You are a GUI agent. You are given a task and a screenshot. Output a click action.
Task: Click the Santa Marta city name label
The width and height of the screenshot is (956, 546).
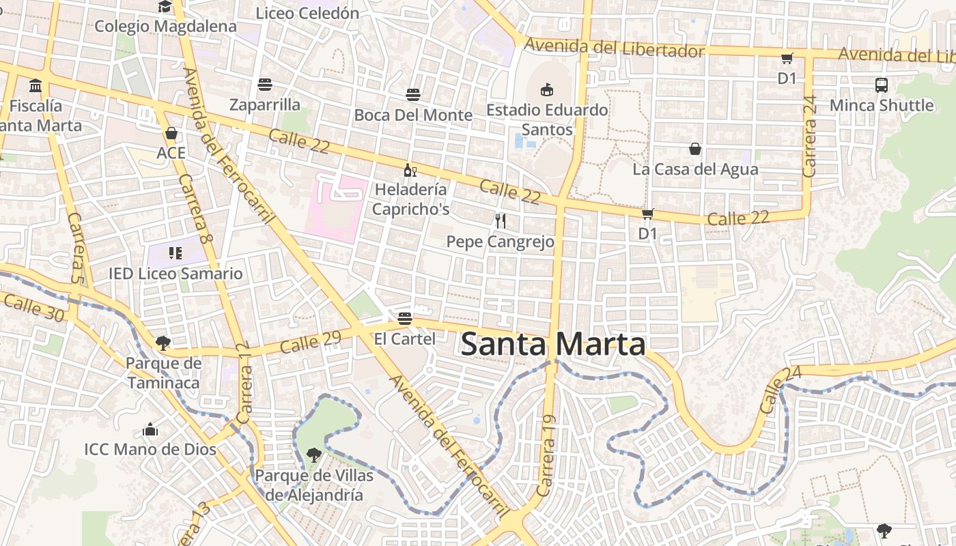pos(553,345)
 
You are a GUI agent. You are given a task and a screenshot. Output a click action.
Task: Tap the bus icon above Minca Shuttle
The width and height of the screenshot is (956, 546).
pos(882,85)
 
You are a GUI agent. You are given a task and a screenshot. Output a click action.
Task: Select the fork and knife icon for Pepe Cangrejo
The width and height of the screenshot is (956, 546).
pos(501,220)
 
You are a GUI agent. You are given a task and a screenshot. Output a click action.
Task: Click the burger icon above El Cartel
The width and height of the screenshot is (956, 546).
pos(405,319)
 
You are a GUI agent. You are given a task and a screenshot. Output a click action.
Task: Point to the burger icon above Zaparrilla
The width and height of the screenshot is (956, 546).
pos(265,85)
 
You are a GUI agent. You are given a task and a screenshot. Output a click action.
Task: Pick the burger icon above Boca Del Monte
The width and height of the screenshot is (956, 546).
pos(413,94)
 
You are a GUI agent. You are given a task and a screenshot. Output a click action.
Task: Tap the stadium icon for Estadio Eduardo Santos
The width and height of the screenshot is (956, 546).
pos(546,89)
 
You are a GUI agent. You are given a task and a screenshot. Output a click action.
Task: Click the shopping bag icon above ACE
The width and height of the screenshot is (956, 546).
pos(171,132)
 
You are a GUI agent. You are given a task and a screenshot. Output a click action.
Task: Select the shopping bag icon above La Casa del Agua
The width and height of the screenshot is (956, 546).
pos(695,149)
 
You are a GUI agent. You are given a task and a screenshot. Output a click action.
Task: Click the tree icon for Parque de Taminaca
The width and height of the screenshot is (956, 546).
pos(163,343)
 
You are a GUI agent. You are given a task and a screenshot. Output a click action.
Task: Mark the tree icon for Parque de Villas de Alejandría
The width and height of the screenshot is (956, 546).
pos(314,455)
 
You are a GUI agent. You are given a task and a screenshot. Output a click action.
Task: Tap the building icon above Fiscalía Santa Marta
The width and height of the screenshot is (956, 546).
pos(36,86)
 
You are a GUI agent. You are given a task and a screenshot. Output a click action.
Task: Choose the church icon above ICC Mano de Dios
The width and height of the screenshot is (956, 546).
pos(150,429)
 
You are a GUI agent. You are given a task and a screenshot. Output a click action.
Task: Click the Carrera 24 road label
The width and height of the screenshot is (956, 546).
pos(810,136)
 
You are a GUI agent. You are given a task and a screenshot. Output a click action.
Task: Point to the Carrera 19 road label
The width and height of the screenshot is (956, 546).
pos(547,455)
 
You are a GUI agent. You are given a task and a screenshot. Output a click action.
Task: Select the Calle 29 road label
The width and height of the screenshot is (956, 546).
pos(310,342)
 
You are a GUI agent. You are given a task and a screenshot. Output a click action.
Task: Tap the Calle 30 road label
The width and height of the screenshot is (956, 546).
pos(34,307)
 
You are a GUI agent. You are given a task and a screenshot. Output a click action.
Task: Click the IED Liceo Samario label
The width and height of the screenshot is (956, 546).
pos(175,274)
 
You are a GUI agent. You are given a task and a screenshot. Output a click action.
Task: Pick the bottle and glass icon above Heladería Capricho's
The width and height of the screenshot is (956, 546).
pos(410,170)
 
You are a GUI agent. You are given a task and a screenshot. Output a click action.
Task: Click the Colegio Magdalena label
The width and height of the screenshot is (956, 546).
pos(165,27)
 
